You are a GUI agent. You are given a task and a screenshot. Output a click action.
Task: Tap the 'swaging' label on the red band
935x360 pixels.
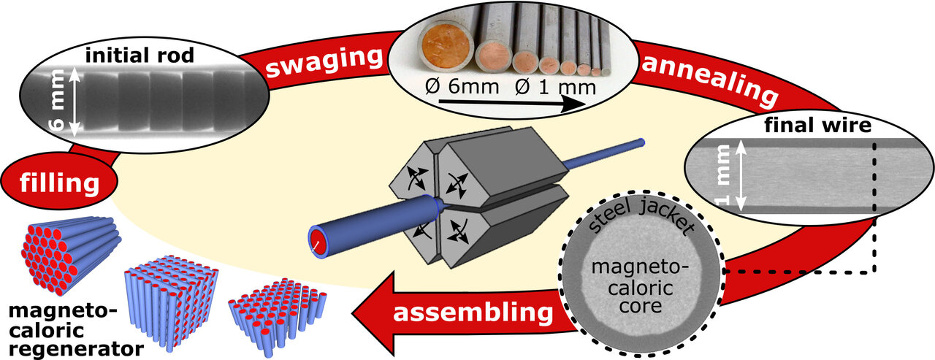[x=324, y=64]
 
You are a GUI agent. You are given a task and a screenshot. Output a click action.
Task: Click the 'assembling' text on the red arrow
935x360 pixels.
[x=473, y=313]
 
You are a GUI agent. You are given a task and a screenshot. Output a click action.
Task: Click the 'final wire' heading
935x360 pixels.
[x=817, y=126]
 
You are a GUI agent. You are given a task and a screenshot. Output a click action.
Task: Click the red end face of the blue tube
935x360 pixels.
[x=316, y=240]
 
